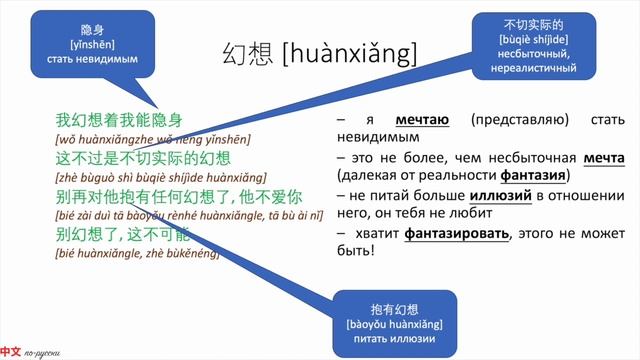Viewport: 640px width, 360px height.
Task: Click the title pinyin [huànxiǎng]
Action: [x=350, y=52]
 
